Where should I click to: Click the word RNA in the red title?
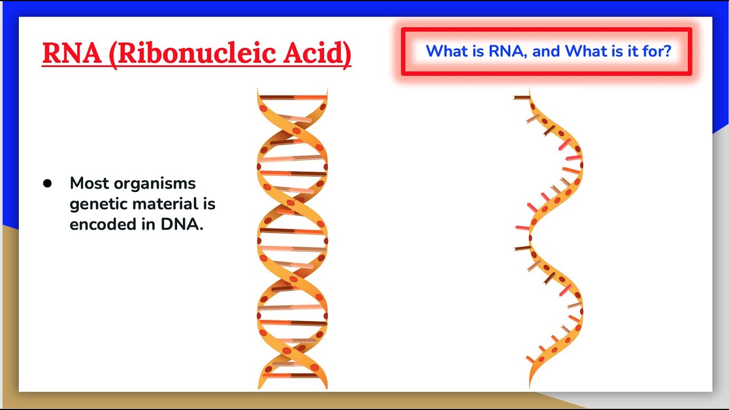(70, 53)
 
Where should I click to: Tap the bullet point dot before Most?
(47, 183)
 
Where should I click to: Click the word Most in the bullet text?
(89, 183)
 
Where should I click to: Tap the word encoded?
(105, 224)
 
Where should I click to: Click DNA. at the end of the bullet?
(182, 224)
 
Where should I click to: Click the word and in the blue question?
(546, 51)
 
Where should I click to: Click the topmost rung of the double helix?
(292, 97)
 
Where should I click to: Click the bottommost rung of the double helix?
(292, 375)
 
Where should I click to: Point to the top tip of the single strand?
(530, 91)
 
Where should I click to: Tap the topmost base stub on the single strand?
(521, 97)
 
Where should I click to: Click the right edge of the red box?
(690, 51)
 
